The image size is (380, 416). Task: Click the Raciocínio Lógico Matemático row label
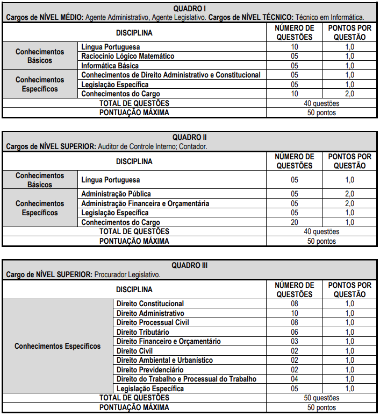tap(127, 57)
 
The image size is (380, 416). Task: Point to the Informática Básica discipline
tap(110, 66)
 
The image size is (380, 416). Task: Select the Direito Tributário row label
tap(142, 332)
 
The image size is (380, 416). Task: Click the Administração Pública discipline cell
tap(116, 194)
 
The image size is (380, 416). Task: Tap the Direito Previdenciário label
tap(150, 370)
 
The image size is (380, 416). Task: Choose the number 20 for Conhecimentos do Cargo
tap(294, 222)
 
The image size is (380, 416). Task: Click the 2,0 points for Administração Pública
tap(349, 194)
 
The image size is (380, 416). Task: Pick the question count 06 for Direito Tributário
tap(294, 332)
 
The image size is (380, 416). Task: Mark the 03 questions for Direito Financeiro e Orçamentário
tap(294, 341)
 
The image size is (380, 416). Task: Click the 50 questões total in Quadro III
tap(321, 398)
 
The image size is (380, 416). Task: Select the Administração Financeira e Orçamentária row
tap(145, 203)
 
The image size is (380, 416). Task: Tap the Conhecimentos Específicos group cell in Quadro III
tap(58, 346)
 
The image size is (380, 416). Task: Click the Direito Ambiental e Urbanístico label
tap(164, 360)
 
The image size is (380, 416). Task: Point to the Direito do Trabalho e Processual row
tap(186, 379)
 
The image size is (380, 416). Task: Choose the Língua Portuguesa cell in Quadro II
tap(110, 180)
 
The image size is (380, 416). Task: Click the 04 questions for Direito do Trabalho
tap(294, 379)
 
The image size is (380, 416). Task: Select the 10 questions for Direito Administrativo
tap(294, 313)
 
